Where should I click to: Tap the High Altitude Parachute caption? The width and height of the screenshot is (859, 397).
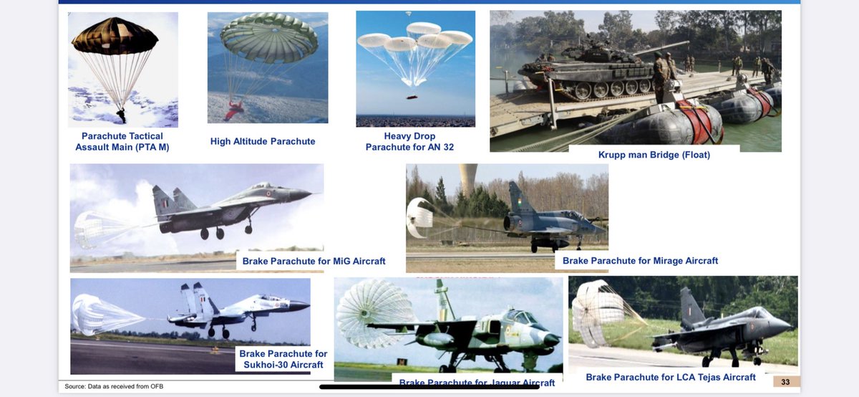(x=263, y=141)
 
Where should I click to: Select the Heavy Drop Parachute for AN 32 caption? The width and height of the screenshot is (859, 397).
(x=409, y=141)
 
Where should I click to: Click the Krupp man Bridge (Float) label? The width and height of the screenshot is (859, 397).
(x=654, y=155)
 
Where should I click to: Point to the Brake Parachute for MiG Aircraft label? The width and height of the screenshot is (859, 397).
(x=314, y=261)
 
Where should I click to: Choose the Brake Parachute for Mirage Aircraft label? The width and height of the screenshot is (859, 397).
(x=640, y=261)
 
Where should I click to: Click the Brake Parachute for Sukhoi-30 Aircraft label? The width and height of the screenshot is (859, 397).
(x=283, y=359)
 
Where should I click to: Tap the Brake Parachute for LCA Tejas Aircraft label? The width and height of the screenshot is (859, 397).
(x=671, y=377)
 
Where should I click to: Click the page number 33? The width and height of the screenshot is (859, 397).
(x=785, y=381)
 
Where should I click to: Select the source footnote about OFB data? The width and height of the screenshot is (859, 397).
(x=114, y=387)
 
